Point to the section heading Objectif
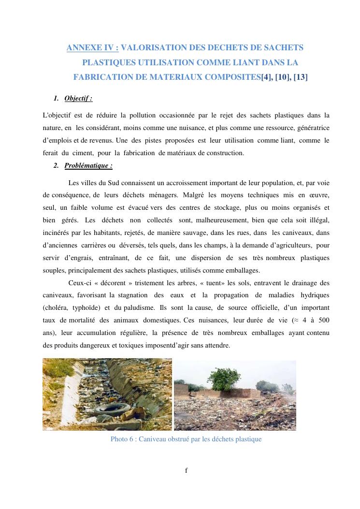(x=78, y=99)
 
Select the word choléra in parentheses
(x=56, y=308)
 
